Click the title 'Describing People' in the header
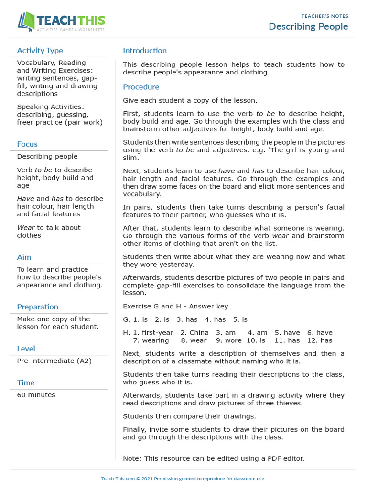coord(308,26)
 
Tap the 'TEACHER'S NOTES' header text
coord(325,16)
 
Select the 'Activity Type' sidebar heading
coord(40,51)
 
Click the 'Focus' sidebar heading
coord(27,144)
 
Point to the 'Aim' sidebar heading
coord(24,257)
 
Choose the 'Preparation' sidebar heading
coord(37,307)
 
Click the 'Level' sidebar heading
coord(26,349)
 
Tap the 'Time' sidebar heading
coord(26,383)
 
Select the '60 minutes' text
coord(36,395)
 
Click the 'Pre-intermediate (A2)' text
coord(54,361)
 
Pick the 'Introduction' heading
coord(145,51)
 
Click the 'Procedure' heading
coord(141,87)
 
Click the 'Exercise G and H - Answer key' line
coord(175,306)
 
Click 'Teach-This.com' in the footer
coord(118,479)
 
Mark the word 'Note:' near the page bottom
coord(132,458)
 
